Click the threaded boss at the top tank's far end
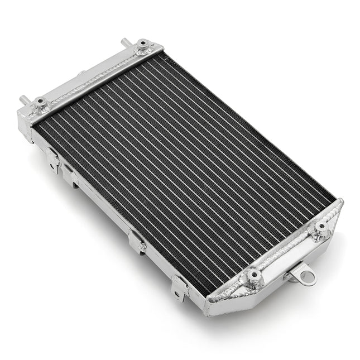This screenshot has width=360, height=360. click(x=143, y=44)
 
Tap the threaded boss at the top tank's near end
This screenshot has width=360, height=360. click(x=41, y=103)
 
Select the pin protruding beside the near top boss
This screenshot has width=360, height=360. click(x=24, y=99)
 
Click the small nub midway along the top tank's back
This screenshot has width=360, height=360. click(x=81, y=73)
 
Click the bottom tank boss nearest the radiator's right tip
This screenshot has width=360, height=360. click(x=321, y=227)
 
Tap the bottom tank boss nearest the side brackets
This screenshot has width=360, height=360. click(x=254, y=275)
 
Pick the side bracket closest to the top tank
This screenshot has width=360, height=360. click(x=54, y=160)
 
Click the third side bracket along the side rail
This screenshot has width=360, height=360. click(x=137, y=242)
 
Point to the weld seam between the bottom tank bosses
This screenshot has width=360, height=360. click(x=288, y=251)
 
